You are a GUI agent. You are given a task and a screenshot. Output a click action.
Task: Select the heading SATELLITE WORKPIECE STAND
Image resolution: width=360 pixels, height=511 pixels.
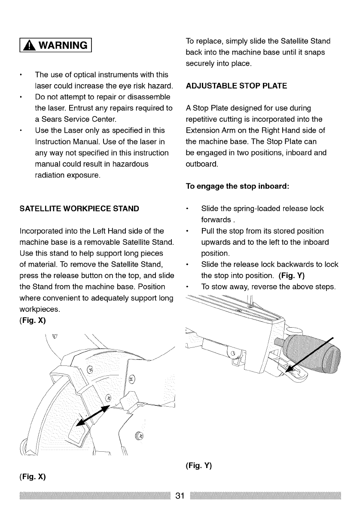pos(79,209)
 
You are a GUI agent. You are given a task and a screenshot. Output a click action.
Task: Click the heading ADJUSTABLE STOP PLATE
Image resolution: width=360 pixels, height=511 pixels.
pos(236,86)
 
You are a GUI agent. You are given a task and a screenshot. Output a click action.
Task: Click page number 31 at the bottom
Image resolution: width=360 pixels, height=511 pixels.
pos(180,496)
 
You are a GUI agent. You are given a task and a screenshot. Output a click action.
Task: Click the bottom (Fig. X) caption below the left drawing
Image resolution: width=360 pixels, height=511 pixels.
pos(33,477)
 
